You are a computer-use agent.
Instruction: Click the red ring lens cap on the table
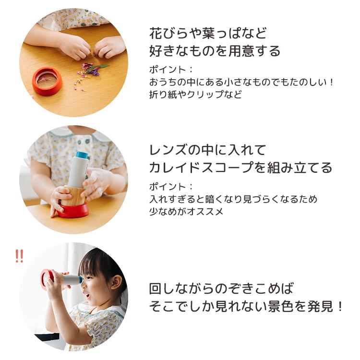47,82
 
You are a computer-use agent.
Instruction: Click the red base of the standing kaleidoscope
73,210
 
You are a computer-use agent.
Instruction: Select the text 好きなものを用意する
215,51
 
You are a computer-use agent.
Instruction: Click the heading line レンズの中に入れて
207,150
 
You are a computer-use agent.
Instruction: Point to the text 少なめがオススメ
187,211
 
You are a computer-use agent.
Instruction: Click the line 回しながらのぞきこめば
221,288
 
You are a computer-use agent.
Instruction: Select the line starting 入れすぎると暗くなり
233,199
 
